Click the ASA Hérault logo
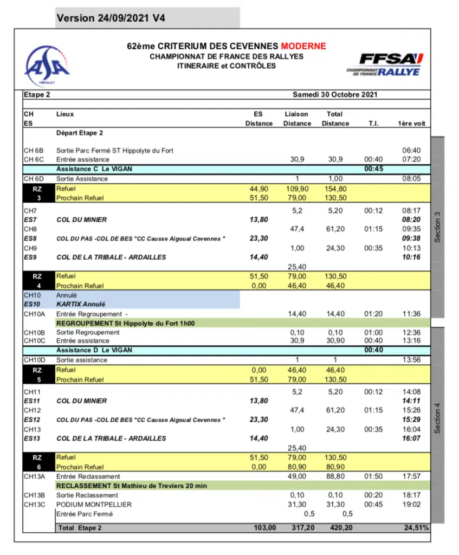(47, 64)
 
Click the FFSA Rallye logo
(384, 64)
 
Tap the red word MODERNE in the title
(303, 46)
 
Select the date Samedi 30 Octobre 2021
(335, 94)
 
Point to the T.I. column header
(373, 123)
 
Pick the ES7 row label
(31, 220)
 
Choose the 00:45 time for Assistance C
(373, 169)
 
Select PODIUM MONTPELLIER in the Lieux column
(94, 505)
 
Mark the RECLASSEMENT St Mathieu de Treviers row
(132, 486)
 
